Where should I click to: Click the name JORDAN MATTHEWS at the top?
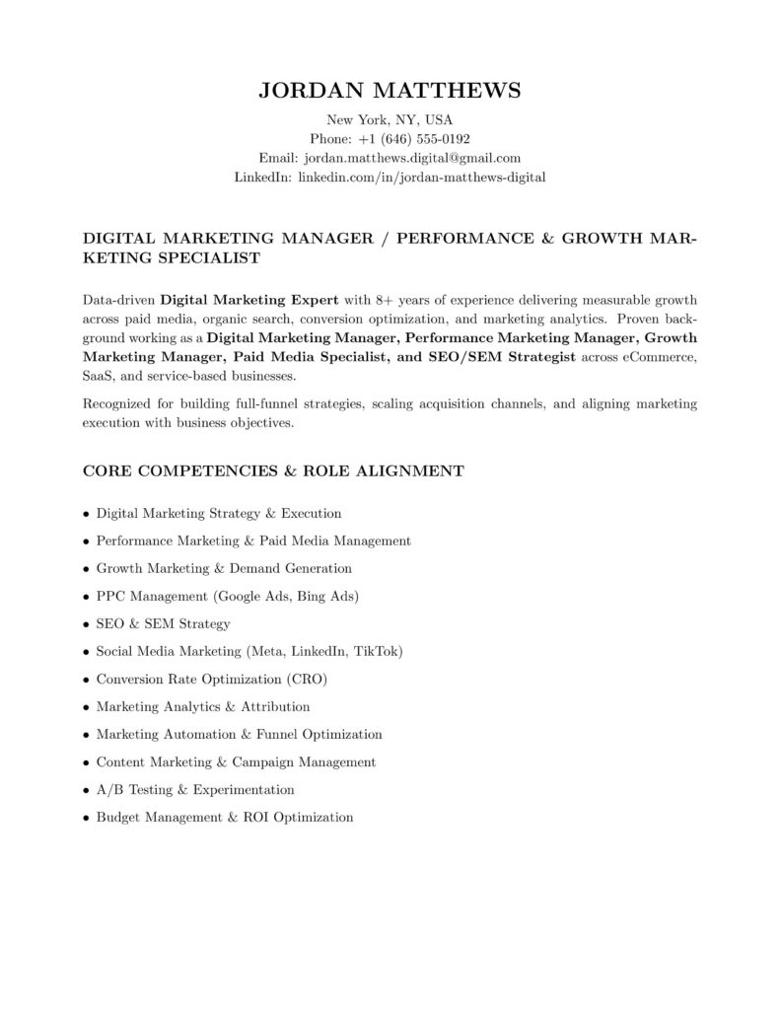(390, 91)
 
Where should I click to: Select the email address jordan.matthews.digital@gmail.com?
(412, 158)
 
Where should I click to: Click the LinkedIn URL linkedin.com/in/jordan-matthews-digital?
(421, 178)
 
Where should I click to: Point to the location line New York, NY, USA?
(390, 119)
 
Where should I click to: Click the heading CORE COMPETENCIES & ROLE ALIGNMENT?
(273, 470)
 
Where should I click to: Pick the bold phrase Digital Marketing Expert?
(249, 299)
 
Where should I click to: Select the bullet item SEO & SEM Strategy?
(163, 623)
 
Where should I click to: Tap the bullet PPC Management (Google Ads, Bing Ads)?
(227, 596)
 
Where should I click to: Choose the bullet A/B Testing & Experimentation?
(195, 789)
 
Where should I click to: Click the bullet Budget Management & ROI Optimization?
(224, 817)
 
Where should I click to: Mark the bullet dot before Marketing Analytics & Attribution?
(87, 707)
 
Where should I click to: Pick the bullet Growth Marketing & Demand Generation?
(224, 568)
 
